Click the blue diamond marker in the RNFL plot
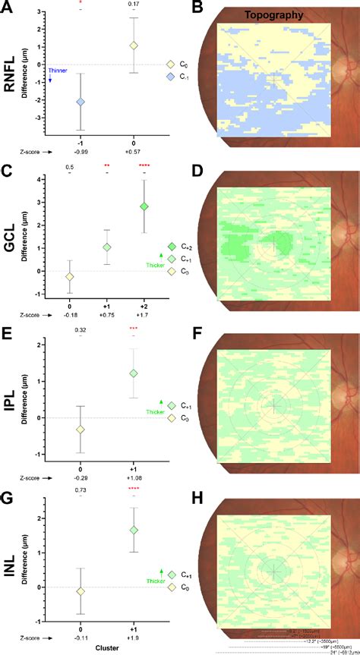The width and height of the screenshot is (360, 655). (x=81, y=101)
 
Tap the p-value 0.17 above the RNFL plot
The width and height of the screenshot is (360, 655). (x=134, y=5)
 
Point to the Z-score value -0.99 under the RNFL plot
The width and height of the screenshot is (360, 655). (x=81, y=151)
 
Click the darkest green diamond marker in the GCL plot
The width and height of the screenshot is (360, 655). (x=144, y=206)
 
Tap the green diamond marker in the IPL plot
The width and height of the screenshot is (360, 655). (x=134, y=373)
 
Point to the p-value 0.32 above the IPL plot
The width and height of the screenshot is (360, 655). (x=81, y=330)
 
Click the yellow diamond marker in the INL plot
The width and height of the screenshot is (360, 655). (x=81, y=590)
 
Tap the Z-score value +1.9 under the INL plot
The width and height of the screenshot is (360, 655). (x=134, y=638)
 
